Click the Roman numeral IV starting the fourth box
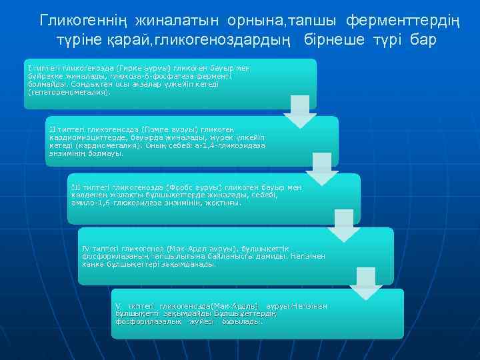point(85,248)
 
